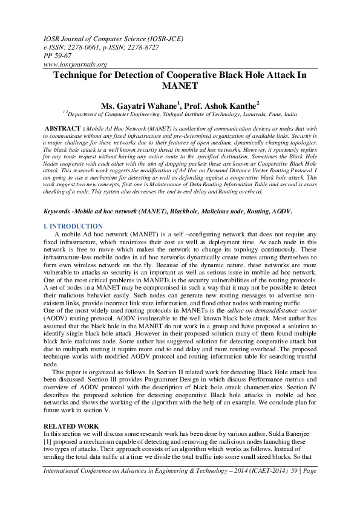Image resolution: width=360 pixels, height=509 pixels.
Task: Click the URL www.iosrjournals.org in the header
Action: (76, 64)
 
